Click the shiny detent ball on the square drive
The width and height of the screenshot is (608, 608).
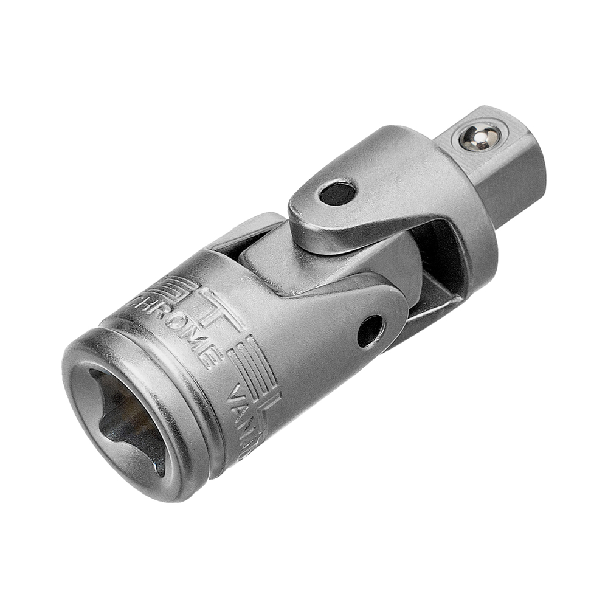pos(480,138)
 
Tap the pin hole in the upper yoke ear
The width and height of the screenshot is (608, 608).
pos(337,193)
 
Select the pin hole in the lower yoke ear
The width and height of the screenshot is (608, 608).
pos(370,331)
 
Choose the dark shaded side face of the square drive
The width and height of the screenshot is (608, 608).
pos(517,182)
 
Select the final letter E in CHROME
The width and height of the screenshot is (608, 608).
pos(210,356)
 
